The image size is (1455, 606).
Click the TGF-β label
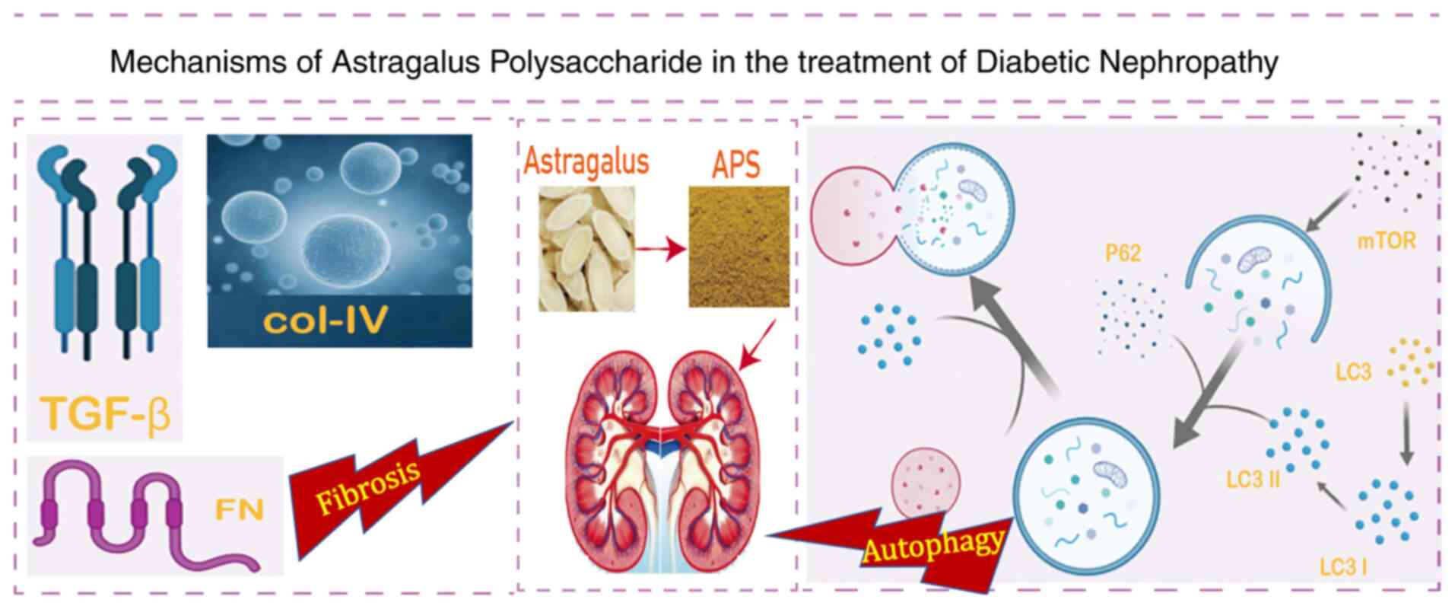pos(106,413)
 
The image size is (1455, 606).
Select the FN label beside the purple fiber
pos(240,509)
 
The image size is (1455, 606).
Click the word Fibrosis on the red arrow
pos(368,487)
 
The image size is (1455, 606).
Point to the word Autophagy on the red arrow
pos(932,545)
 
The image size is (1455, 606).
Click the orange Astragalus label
pos(586,161)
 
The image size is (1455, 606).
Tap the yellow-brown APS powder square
pos(739,247)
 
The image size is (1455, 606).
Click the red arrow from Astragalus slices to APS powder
pos(661,249)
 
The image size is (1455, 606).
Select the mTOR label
pos(1387,241)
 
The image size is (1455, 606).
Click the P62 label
pos(1123,253)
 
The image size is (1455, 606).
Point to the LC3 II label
pos(1253,480)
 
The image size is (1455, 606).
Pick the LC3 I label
pos(1342,567)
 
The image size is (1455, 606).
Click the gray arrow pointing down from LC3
pos(1406,431)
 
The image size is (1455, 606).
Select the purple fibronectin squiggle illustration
pos(145,516)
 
